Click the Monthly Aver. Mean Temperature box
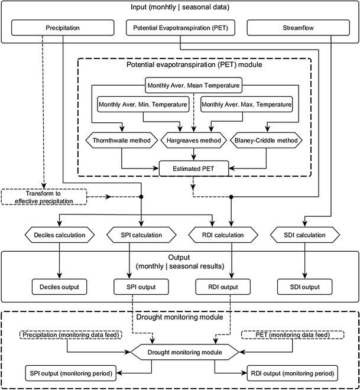tap(193, 86)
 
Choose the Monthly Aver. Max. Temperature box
tap(246, 105)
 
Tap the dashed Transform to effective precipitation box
tap(45, 196)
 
